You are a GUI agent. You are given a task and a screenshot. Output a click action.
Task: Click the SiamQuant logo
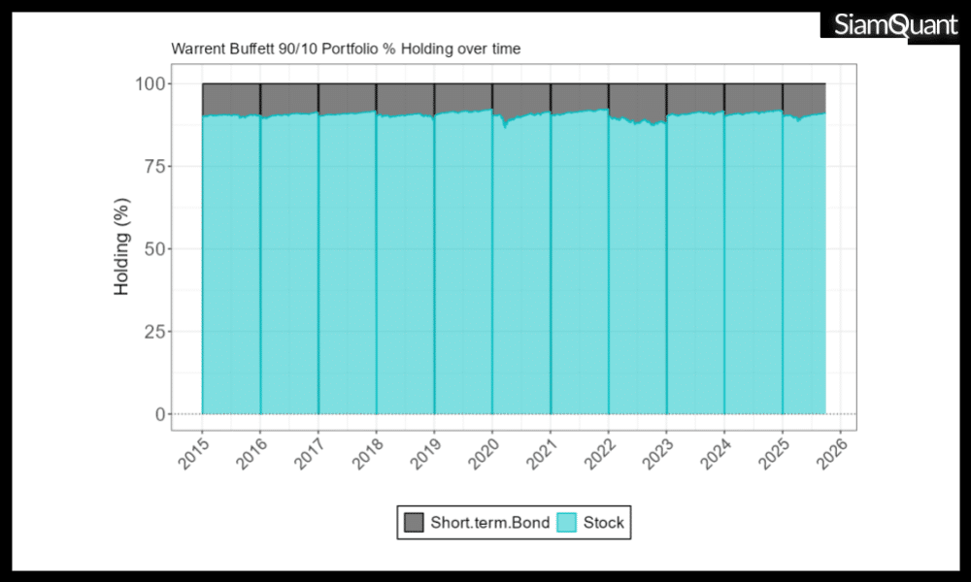pyautogui.click(x=894, y=26)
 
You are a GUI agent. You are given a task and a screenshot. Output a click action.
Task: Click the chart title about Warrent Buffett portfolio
pyautogui.click(x=346, y=48)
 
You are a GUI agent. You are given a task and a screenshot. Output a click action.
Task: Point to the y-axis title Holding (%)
pyautogui.click(x=122, y=249)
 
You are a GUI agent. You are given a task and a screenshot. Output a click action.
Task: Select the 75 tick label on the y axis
pyautogui.click(x=153, y=166)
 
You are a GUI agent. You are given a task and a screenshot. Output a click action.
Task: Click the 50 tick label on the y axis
pyautogui.click(x=153, y=249)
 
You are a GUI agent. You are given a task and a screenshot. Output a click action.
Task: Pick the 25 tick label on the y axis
pyautogui.click(x=153, y=332)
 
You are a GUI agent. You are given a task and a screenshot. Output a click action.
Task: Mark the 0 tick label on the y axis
pyautogui.click(x=159, y=414)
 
